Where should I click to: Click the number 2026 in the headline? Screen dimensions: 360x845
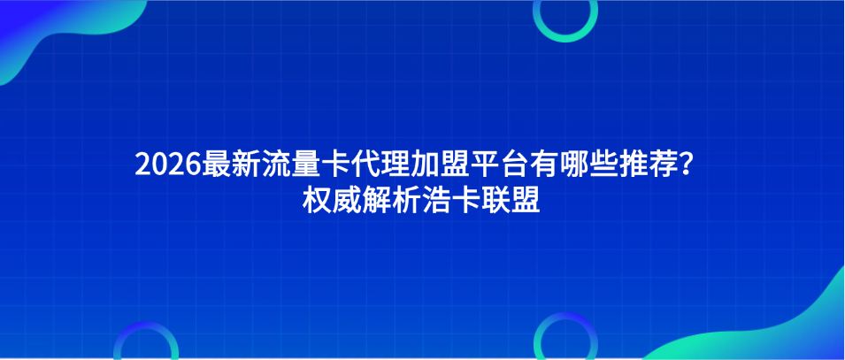167,165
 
